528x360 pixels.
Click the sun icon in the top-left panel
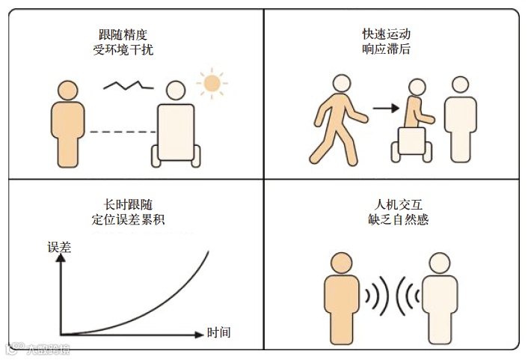coord(212,82)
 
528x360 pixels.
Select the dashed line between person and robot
coord(120,132)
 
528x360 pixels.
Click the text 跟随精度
coord(124,34)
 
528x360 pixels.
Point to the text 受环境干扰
coord(124,50)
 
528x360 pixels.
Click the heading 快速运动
coord(386,34)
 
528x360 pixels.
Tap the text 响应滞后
coord(386,50)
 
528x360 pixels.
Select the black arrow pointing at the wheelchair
coord(385,108)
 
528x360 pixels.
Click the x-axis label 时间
coord(218,333)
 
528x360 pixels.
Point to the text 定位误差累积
coord(124,220)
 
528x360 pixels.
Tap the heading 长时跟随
coord(124,204)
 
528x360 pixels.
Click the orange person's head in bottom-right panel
coord(342,263)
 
